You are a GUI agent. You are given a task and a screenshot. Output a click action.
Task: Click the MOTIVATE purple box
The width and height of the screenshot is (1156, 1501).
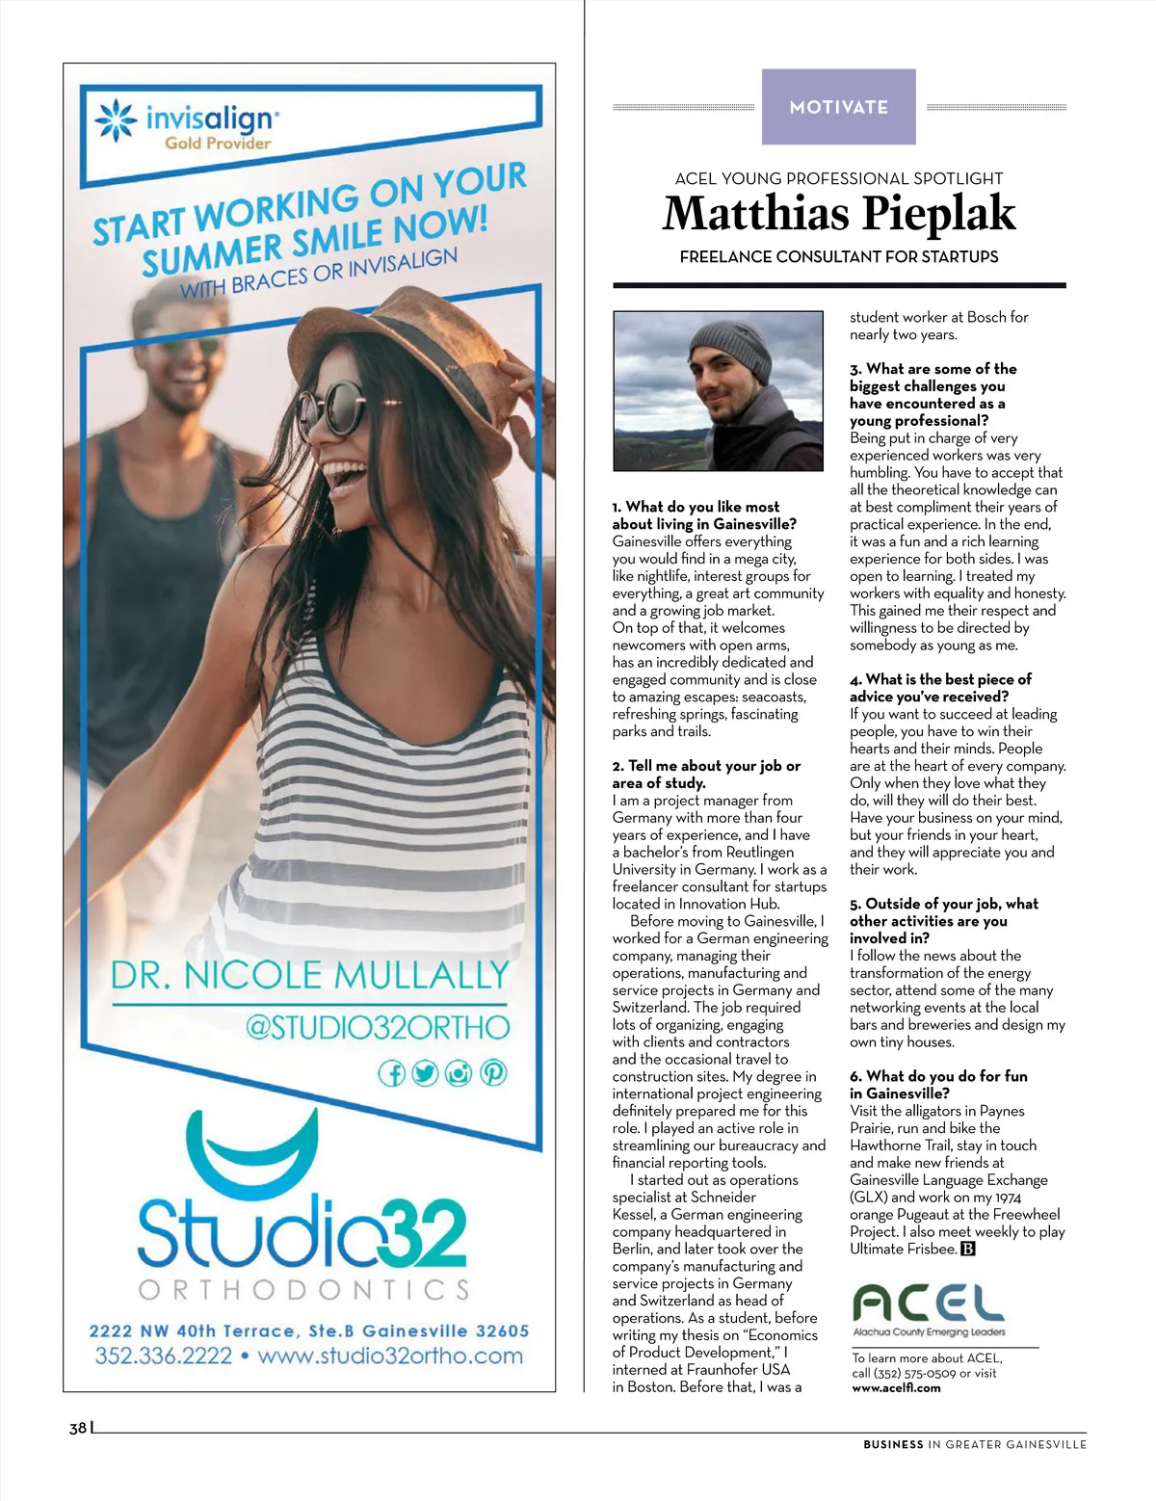click(838, 107)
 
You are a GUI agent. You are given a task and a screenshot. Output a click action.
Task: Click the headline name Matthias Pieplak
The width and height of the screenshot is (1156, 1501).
click(839, 214)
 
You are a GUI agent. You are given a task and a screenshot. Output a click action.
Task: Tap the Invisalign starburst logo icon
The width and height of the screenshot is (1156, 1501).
click(116, 121)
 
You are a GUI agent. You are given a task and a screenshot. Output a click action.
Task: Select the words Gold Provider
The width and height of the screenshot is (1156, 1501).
click(218, 144)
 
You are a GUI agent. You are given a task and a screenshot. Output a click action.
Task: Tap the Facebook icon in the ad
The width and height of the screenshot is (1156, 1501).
click(391, 1073)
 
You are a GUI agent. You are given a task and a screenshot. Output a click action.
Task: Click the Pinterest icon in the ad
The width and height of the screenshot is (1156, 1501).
click(493, 1072)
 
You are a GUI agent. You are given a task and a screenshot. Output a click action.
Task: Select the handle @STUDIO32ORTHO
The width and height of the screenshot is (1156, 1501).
click(377, 1028)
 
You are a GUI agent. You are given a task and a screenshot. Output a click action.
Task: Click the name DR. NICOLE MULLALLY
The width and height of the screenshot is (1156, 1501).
click(309, 975)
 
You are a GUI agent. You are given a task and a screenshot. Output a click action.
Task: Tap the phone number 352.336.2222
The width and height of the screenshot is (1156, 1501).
click(164, 1356)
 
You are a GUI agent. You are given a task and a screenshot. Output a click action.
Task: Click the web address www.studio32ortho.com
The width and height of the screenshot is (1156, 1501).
click(390, 1356)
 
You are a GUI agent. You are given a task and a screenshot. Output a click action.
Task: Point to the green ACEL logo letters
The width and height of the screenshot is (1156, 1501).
click(929, 1304)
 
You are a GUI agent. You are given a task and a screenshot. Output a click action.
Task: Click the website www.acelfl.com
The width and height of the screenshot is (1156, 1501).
click(896, 1388)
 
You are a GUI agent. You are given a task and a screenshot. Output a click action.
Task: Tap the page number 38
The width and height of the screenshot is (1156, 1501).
click(78, 1428)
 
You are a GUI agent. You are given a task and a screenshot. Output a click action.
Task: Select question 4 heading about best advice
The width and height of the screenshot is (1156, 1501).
click(940, 688)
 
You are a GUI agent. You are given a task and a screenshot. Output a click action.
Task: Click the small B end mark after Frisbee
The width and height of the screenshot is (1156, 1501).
click(968, 1250)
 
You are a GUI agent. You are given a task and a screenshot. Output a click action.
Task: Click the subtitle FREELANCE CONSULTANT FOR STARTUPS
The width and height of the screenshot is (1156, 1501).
click(839, 257)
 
